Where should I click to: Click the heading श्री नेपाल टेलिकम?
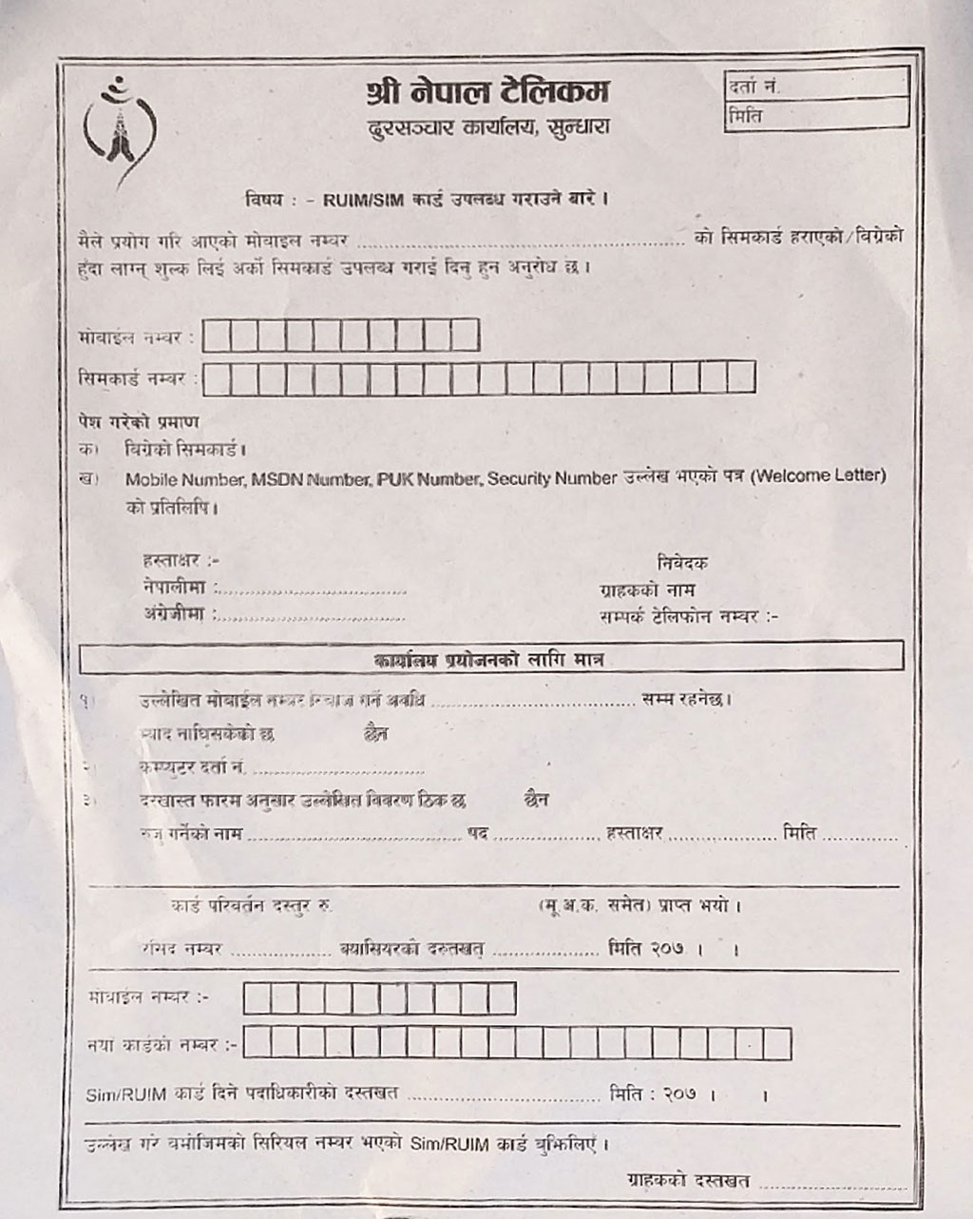pyautogui.click(x=487, y=92)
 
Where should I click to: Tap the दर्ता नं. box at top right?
pyautogui.click(x=815, y=85)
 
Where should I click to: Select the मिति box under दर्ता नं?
pyautogui.click(x=815, y=116)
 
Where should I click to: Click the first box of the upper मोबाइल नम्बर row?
pyautogui.click(x=217, y=336)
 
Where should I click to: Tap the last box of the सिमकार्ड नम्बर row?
pyautogui.click(x=741, y=377)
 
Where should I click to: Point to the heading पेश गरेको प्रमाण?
pyautogui.click(x=138, y=422)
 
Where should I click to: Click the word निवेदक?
pyautogui.click(x=681, y=563)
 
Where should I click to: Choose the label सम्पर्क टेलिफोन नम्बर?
pyautogui.click(x=686, y=617)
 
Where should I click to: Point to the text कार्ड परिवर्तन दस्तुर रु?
pyautogui.click(x=251, y=905)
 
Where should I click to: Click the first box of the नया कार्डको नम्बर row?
pyautogui.click(x=256, y=1044)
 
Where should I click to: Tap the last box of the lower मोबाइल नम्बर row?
pyautogui.click(x=501, y=997)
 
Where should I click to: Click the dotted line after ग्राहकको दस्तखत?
pyautogui.click(x=832, y=1185)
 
